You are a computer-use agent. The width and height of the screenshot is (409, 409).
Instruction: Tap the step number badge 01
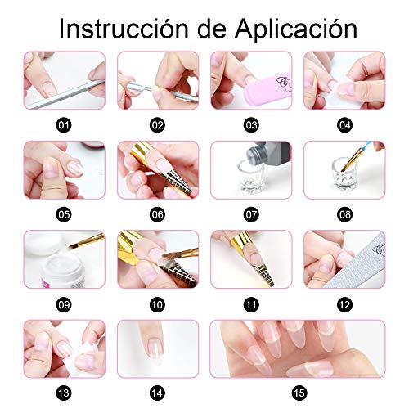[63, 125]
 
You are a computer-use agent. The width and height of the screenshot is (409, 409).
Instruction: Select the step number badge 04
[344, 125]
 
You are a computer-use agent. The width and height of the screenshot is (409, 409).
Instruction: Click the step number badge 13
[64, 393]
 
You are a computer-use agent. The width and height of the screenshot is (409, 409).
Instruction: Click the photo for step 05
[64, 169]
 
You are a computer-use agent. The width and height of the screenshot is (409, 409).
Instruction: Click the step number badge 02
[158, 125]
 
